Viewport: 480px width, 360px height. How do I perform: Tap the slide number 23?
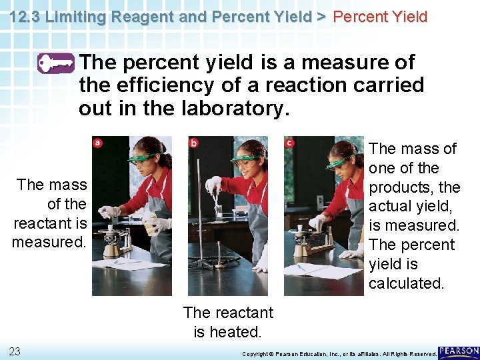pyautogui.click(x=15, y=351)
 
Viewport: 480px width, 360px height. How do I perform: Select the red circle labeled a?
pyautogui.click(x=98, y=142)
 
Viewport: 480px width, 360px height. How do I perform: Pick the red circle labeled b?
pyautogui.click(x=193, y=142)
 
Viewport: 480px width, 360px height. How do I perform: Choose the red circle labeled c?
pyautogui.click(x=289, y=142)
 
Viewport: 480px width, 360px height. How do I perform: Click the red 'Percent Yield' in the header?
pyautogui.click(x=380, y=17)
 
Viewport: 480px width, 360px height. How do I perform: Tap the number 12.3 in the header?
pyautogui.click(x=25, y=17)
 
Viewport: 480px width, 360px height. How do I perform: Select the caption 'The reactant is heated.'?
pyautogui.click(x=228, y=322)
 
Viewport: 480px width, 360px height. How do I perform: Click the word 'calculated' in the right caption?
pyautogui.click(x=405, y=283)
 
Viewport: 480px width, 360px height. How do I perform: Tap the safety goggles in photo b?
pyautogui.click(x=244, y=159)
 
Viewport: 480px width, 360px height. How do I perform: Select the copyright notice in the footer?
pyautogui.click(x=339, y=353)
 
